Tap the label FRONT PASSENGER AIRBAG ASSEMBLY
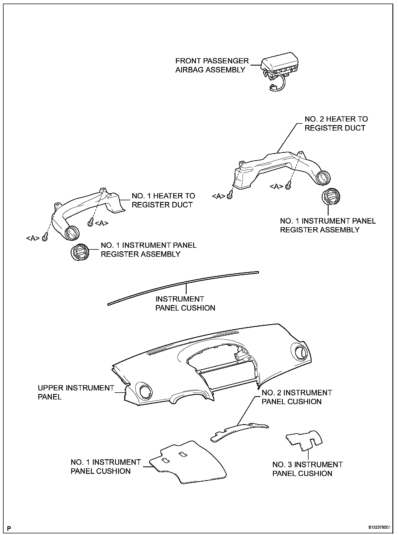point(212,65)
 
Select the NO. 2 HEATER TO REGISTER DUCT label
point(336,123)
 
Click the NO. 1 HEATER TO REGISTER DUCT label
point(163,200)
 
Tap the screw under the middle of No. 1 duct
point(90,223)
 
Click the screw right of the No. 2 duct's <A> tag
point(288,187)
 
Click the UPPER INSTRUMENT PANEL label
point(76,392)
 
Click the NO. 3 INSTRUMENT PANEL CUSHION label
point(307,469)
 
